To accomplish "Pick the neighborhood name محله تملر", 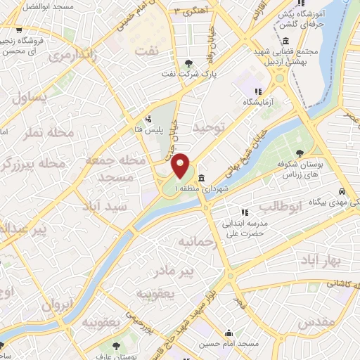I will [x=41, y=134].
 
